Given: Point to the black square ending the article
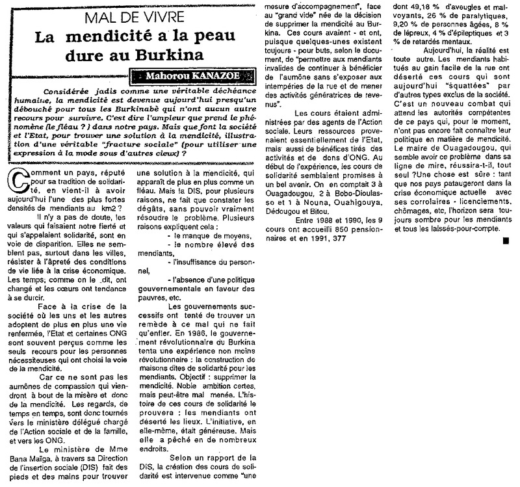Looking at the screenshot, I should [x=505, y=259].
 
